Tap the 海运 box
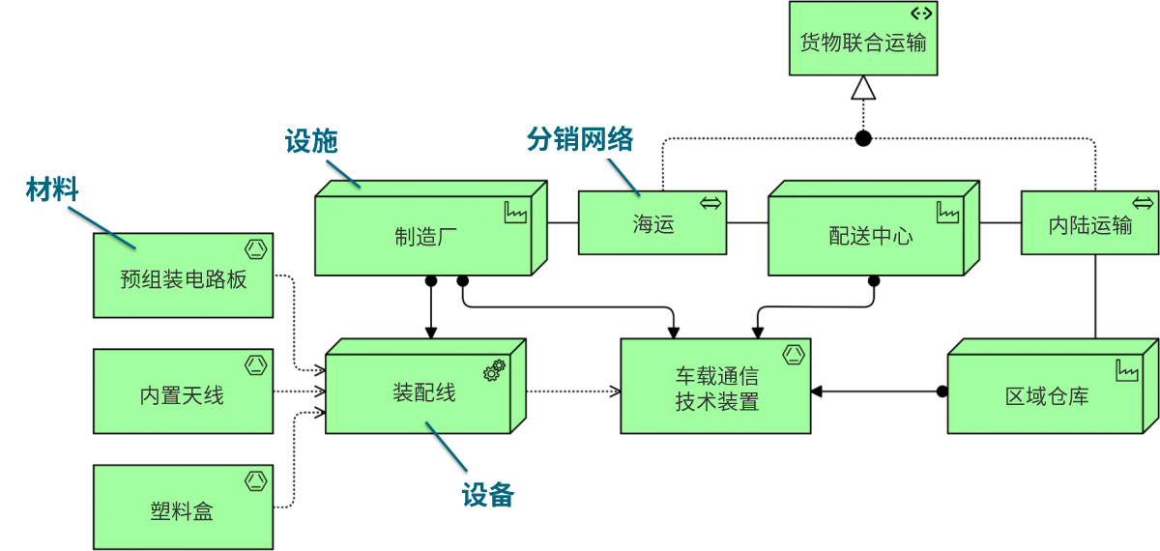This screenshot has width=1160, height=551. coord(652,223)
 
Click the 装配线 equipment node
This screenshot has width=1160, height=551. coord(422,393)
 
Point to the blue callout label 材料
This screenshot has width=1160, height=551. coord(51,189)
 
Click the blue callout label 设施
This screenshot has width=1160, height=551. coord(311,141)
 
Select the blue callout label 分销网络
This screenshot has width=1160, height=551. coord(580,139)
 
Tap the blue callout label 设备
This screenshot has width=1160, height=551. coord(487,496)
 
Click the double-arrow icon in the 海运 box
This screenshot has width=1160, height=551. coord(710,203)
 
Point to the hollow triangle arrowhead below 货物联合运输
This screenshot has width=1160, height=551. coord(863,89)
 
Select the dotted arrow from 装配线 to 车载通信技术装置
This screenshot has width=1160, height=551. coord(572,391)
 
